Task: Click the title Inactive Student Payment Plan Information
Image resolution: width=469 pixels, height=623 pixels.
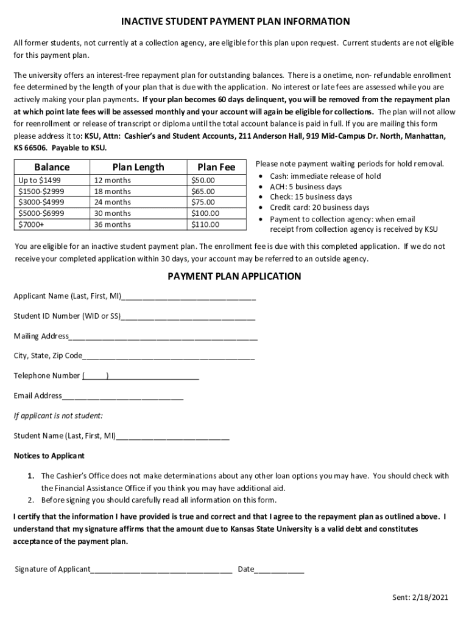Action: click(234, 22)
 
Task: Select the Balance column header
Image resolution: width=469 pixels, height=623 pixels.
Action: click(52, 167)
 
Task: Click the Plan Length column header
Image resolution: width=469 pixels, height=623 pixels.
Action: click(138, 167)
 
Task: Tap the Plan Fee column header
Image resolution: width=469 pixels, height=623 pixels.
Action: click(216, 167)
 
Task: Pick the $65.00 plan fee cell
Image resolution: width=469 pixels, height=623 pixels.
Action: click(203, 191)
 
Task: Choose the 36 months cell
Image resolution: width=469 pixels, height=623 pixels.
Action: click(112, 224)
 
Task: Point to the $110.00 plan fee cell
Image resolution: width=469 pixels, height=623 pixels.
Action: click(205, 224)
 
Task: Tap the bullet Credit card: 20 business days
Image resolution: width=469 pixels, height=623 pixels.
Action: click(319, 207)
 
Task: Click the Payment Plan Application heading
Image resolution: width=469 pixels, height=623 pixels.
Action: click(234, 276)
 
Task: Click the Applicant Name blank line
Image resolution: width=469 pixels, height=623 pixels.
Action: click(188, 298)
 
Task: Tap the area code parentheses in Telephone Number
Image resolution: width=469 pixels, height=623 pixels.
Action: click(96, 376)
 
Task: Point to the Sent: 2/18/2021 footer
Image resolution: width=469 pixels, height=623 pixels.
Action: click(420, 597)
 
